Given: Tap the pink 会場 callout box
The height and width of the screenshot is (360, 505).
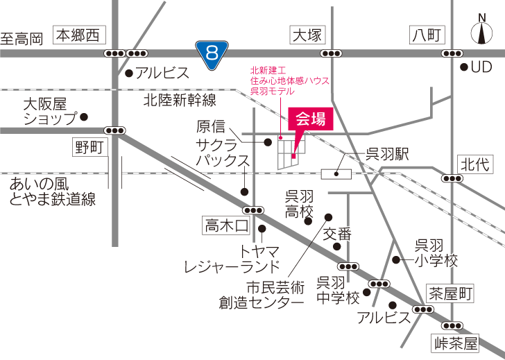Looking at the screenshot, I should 310,119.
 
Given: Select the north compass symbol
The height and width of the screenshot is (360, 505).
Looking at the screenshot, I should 480,31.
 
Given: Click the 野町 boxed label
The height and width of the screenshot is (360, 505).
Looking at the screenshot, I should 89,146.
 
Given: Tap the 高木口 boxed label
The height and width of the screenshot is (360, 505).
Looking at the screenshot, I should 226,225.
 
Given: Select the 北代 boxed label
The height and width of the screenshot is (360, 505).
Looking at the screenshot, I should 474,164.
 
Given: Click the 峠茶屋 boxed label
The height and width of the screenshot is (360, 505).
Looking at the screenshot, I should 456,342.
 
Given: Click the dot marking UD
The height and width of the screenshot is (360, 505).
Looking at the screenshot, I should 464,67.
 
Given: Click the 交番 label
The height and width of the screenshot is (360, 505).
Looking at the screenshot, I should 337,233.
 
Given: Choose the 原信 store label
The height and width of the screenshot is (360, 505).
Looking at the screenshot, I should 212,126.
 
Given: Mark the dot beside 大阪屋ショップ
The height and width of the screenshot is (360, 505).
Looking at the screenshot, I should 83,117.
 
